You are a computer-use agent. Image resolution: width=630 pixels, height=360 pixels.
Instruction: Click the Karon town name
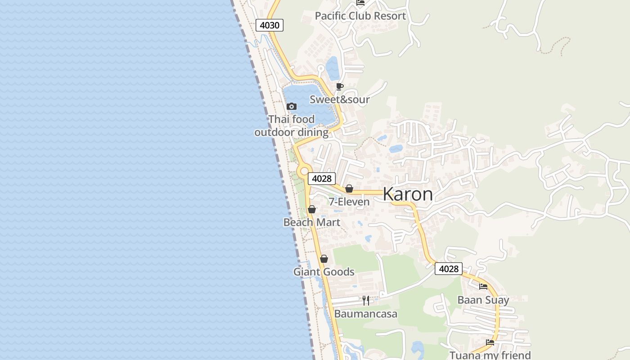408,194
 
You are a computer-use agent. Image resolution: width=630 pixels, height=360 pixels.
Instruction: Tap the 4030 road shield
270,25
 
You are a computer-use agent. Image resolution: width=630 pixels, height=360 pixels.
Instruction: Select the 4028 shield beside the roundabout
322,179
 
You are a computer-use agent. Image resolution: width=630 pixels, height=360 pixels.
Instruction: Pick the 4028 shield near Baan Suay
449,269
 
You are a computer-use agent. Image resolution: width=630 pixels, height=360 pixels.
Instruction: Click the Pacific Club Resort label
360,16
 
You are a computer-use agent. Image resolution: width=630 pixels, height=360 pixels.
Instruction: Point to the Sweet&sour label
339,99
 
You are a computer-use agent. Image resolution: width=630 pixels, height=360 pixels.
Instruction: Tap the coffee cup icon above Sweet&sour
340,86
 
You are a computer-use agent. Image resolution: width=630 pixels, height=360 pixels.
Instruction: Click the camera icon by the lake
292,107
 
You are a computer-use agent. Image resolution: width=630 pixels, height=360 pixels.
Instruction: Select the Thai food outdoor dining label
291,126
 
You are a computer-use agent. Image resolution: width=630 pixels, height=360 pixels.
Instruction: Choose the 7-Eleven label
349,202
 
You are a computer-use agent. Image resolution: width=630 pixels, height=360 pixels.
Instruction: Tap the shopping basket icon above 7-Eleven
349,189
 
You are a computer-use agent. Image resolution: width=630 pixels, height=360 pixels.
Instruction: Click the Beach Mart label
311,222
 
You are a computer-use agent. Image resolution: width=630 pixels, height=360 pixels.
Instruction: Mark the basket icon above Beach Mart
312,209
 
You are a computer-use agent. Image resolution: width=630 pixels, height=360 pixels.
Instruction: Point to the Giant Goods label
324,272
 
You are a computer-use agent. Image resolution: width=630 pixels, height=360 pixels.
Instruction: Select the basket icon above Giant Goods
324,259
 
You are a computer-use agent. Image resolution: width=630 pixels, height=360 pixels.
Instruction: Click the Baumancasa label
365,314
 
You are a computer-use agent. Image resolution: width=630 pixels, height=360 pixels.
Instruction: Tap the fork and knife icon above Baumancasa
366,300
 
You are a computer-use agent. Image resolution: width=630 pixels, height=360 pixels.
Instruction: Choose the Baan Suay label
483,300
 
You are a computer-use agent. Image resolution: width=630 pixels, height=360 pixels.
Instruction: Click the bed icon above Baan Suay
483,287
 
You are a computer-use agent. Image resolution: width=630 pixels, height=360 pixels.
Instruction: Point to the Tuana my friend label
490,355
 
